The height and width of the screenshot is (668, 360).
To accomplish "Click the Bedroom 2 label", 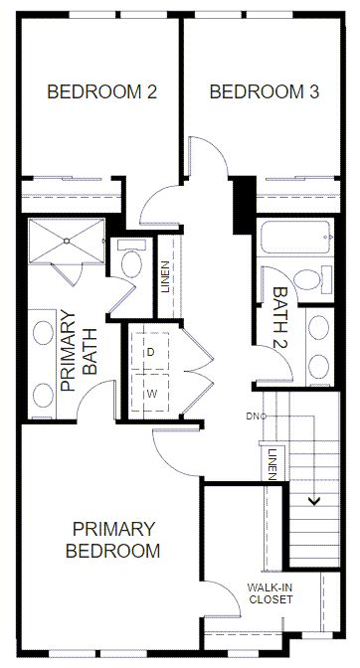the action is pos(102,92).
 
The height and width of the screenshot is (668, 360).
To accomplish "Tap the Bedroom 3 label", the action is pos(265,92).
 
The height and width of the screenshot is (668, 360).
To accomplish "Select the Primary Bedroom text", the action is pos(113,540).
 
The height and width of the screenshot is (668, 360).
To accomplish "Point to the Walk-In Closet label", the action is pos(270,593).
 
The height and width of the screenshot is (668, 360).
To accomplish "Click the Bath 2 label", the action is pos(280,318).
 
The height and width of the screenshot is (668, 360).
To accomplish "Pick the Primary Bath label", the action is pos(80,350).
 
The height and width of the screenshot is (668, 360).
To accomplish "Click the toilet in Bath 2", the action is pos(312,279).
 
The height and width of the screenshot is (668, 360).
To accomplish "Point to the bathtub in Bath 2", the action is pos(294,237).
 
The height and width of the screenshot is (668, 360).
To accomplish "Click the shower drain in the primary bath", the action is pos(67,241).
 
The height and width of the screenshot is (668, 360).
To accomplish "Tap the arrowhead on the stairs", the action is pos(314,501).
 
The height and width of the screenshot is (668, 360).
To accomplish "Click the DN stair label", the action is pos(252,417).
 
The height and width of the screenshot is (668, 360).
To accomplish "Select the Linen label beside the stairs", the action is pos(270,464).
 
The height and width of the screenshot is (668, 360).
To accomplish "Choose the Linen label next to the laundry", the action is pos(166,276).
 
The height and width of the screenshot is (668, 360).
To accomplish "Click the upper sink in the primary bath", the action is pos(44,332).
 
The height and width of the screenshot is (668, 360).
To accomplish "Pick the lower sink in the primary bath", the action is pos(44,395).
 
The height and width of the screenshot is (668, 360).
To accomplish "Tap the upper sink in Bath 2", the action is pos(318,328).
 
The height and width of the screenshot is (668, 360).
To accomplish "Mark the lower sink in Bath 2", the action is pos(318,367).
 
